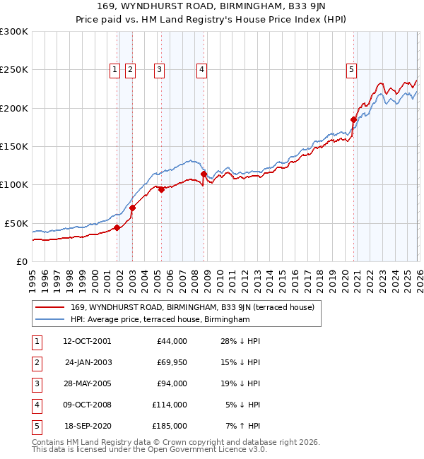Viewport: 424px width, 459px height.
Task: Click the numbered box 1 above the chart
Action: (x=115, y=69)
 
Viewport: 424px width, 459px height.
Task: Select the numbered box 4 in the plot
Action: (x=201, y=69)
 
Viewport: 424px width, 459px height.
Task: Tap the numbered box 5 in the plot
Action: (x=351, y=69)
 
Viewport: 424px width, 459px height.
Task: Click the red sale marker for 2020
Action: (x=353, y=120)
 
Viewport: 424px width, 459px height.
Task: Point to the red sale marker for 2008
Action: (x=204, y=174)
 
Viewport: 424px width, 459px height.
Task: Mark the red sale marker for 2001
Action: (x=117, y=227)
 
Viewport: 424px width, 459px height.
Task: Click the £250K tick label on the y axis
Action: (x=13, y=70)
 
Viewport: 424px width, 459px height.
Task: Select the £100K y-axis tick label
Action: (x=13, y=184)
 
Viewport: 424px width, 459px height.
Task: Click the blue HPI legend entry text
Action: (x=160, y=320)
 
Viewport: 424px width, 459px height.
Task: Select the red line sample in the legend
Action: (x=49, y=307)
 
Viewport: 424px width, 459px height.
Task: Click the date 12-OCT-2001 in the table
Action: (x=87, y=341)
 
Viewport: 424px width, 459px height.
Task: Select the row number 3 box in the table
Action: (x=35, y=383)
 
